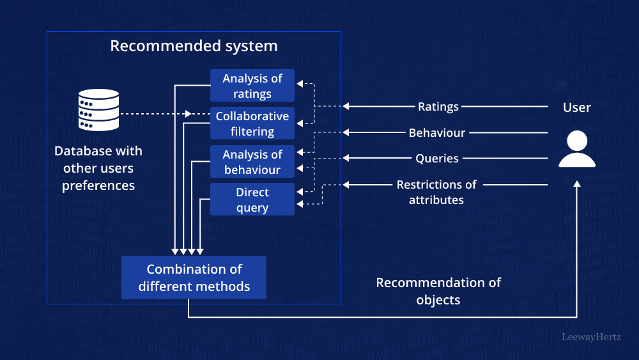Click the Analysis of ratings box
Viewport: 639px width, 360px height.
[252, 86]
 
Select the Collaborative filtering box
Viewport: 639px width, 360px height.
[252, 123]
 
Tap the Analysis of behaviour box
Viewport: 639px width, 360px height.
[252, 162]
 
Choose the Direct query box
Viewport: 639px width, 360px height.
[252, 200]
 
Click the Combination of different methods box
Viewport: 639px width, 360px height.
[194, 278]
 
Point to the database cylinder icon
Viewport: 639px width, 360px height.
[98, 110]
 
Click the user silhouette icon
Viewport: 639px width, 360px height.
[577, 150]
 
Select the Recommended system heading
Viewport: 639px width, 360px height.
[194, 46]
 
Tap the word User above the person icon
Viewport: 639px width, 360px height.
[577, 107]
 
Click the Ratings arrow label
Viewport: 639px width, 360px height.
[438, 107]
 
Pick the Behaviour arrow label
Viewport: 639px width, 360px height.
[437, 133]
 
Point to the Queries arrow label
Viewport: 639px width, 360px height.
[437, 158]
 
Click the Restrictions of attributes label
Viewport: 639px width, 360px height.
[436, 192]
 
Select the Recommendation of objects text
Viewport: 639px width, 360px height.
[438, 291]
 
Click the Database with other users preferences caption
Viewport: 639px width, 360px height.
[98, 168]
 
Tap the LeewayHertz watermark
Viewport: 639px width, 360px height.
[591, 336]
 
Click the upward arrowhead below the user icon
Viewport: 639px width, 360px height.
[577, 184]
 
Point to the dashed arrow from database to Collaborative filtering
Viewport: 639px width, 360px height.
[153, 114]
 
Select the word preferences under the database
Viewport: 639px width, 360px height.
[98, 185]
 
